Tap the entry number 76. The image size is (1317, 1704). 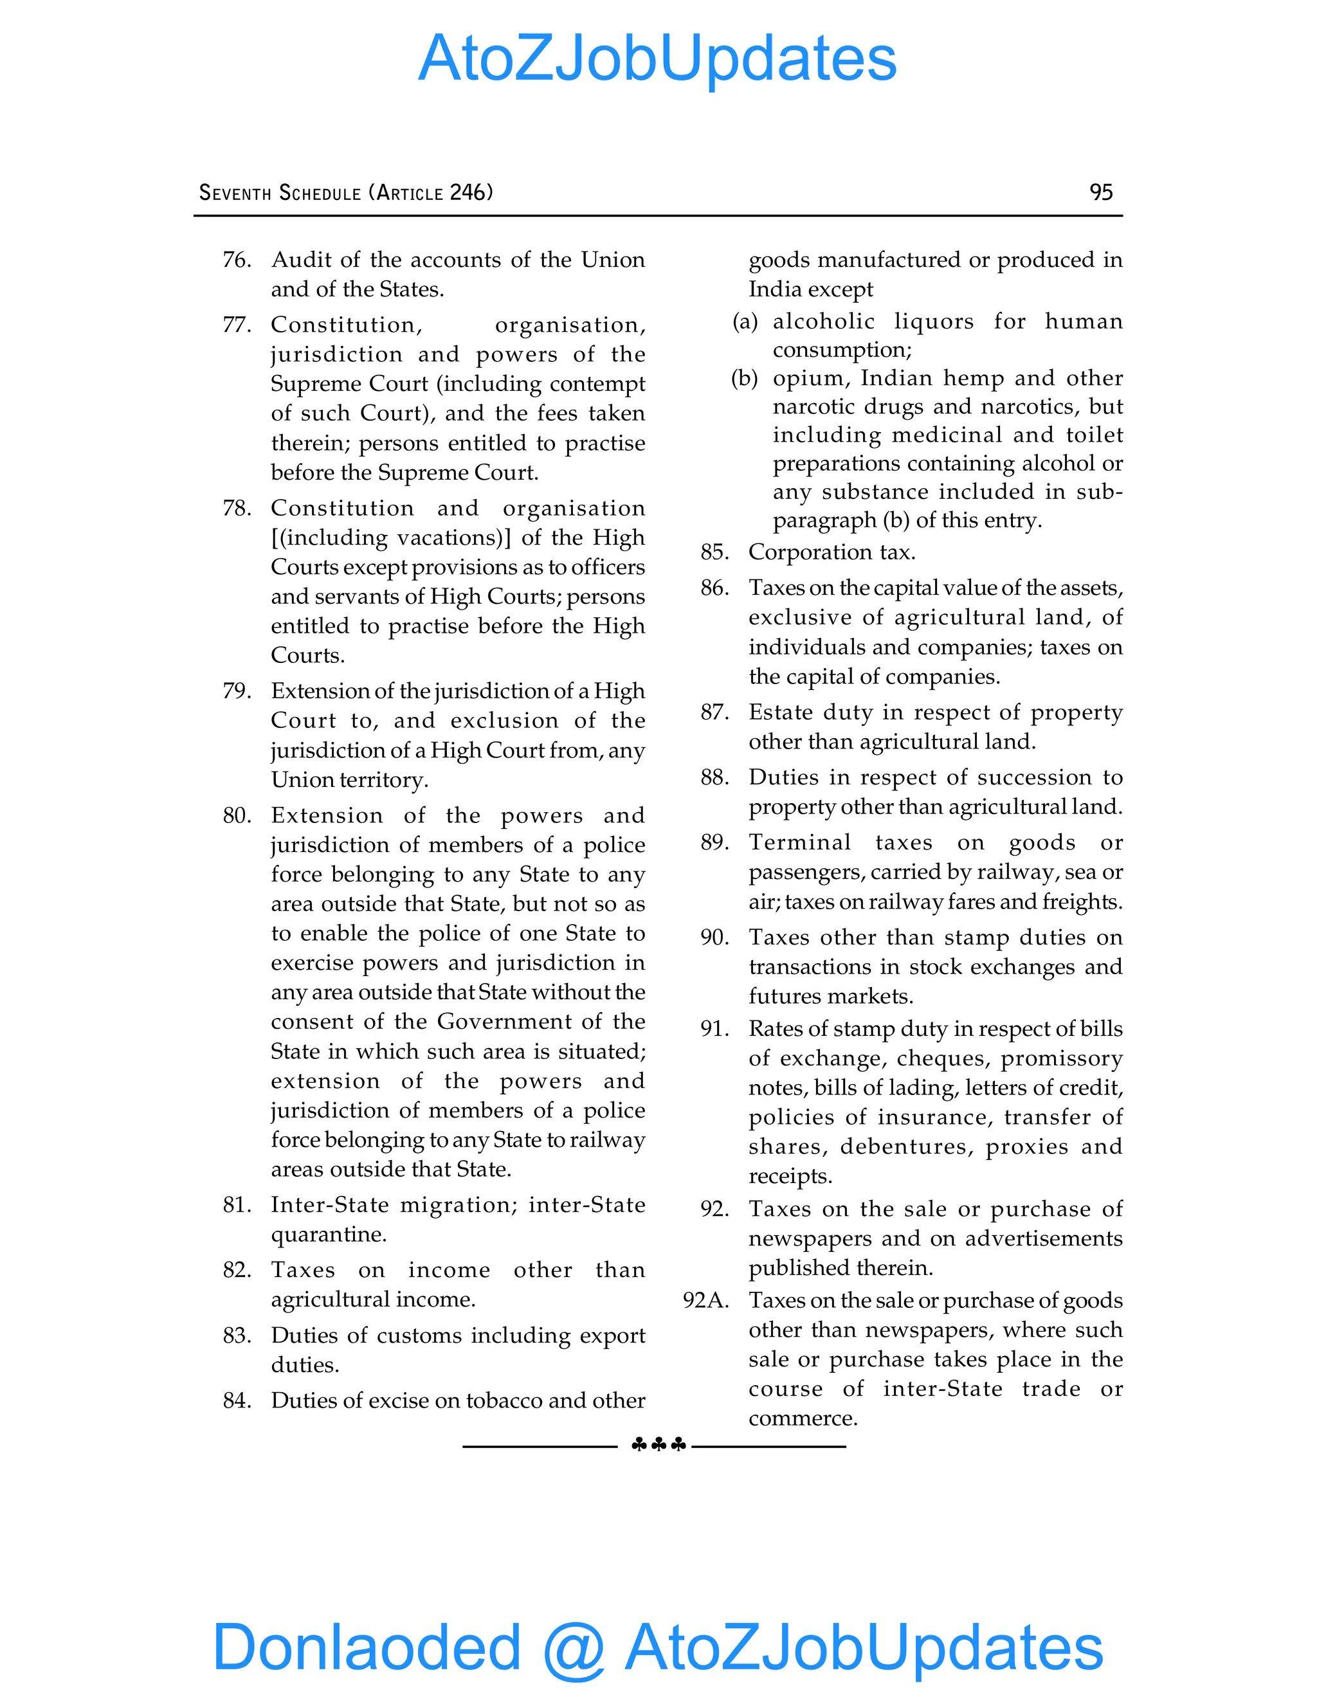click(237, 259)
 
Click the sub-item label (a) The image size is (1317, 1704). click(744, 322)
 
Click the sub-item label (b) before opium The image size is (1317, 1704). click(744, 378)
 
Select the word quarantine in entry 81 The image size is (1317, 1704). click(328, 1235)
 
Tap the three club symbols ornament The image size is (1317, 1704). click(658, 1445)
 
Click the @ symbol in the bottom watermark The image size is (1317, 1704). click(574, 1648)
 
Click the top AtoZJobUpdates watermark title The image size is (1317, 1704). click(657, 59)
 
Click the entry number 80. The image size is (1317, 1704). click(237, 815)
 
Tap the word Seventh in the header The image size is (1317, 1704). click(235, 193)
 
